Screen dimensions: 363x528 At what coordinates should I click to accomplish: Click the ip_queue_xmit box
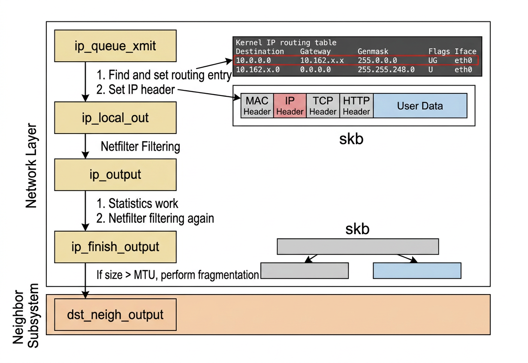coord(115,46)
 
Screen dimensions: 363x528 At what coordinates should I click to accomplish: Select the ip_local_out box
coord(115,117)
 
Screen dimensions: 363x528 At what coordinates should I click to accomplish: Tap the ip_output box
coord(115,175)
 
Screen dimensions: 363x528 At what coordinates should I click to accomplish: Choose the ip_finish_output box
coord(115,247)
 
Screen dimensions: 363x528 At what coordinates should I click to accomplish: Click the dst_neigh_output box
coord(115,315)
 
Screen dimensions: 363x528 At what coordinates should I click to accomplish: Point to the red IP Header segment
coord(290,106)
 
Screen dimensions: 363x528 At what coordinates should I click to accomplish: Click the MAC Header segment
coord(257,106)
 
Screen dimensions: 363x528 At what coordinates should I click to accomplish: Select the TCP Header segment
coord(323,106)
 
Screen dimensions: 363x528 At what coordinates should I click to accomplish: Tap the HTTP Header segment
coord(356,106)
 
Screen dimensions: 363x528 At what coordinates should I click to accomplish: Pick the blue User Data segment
coord(420,106)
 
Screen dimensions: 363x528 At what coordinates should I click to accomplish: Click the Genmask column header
coord(373,51)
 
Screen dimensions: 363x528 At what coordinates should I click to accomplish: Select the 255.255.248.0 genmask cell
coord(386,69)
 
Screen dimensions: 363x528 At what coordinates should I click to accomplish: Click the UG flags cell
coord(433,60)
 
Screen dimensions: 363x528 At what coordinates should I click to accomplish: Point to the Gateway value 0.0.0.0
coord(315,69)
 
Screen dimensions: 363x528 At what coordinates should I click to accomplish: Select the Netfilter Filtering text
coord(140,146)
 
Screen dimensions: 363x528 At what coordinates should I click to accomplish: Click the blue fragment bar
coord(417,271)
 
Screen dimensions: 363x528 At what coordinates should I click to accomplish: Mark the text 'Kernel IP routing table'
coord(286,43)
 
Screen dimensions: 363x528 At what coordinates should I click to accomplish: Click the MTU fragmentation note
coord(178,274)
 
